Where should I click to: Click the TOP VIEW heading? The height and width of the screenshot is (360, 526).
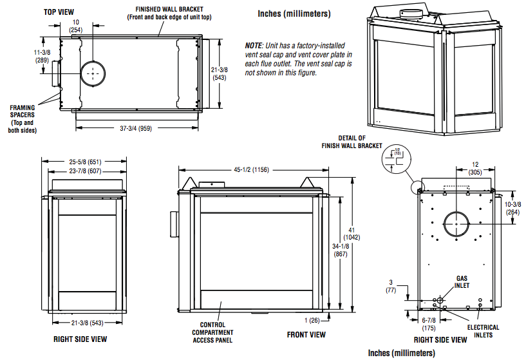point(59,12)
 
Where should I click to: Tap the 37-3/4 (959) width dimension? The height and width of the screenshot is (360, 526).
point(136,128)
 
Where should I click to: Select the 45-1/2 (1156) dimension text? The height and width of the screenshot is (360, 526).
point(252,170)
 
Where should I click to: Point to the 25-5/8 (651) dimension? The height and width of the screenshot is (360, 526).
point(85,162)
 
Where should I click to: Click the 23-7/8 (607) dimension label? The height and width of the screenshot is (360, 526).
point(85,171)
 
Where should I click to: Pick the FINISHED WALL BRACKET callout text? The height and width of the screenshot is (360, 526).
point(169,13)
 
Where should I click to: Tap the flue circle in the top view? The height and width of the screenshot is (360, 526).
point(93,73)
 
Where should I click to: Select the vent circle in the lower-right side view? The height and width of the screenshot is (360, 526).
point(456,223)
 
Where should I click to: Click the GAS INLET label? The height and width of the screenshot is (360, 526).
point(462,282)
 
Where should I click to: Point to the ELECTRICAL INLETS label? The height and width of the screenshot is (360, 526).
point(483,331)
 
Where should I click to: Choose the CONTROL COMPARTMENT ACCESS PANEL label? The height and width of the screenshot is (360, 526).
point(212,332)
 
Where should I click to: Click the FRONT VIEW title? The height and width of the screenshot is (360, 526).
point(306,334)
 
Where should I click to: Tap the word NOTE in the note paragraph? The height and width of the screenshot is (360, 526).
point(253,46)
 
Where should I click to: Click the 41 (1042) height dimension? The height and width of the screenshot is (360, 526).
point(352,234)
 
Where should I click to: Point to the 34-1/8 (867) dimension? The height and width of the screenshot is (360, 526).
point(341,251)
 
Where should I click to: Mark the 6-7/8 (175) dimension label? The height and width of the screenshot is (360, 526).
point(429,324)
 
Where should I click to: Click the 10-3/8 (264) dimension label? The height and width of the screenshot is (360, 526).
point(513,208)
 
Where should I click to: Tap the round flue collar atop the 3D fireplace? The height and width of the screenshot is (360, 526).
point(411,14)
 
